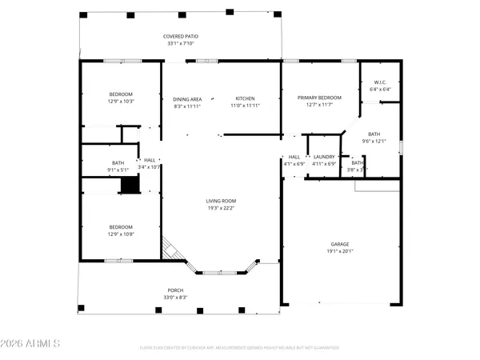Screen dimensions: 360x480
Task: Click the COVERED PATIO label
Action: point(181,36)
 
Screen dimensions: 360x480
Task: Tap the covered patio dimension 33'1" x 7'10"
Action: point(181,43)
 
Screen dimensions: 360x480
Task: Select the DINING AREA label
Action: point(188,98)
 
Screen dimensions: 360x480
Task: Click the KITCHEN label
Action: point(245,98)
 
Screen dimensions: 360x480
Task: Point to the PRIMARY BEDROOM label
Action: point(319,98)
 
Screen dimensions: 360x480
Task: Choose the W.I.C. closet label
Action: point(380,82)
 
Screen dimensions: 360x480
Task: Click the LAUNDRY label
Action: point(324,156)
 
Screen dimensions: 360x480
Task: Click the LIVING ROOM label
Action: point(221,201)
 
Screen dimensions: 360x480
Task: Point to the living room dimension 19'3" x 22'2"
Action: point(221,208)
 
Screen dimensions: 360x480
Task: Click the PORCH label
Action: point(175,290)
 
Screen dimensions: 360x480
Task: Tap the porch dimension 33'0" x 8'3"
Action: point(175,297)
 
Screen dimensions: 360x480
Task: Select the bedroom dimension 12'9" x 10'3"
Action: point(121,102)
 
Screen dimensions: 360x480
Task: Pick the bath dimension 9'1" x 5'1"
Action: point(118,170)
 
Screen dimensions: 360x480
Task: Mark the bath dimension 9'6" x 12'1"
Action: point(374,141)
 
